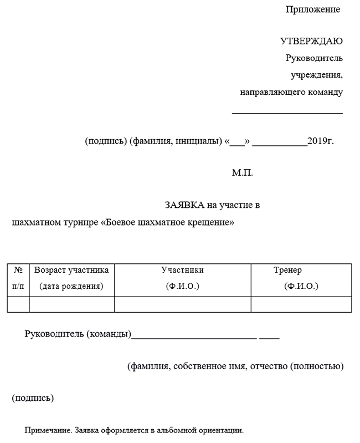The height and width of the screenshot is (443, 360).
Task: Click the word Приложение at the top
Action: [x=312, y=9]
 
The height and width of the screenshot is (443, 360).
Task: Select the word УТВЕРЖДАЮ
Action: [x=311, y=42]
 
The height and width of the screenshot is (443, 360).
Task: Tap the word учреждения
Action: [x=317, y=75]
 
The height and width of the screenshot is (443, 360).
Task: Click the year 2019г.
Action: [x=321, y=141]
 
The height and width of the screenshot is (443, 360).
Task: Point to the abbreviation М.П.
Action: [x=242, y=173]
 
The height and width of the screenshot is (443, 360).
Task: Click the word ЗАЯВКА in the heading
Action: [x=184, y=205]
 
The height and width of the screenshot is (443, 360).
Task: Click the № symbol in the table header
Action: [x=18, y=271]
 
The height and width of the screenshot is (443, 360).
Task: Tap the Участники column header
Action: [x=182, y=271]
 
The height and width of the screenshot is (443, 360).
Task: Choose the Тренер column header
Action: [x=287, y=271]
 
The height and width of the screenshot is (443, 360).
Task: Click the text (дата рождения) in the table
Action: [x=71, y=287]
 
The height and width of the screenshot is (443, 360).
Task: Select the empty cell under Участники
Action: [x=182, y=304]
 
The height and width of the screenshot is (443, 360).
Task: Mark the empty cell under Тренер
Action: [x=301, y=304]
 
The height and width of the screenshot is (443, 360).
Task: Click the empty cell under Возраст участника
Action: [x=71, y=304]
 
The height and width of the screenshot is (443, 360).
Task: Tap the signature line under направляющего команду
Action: [x=287, y=113]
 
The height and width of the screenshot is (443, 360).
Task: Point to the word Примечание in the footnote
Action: [x=48, y=430]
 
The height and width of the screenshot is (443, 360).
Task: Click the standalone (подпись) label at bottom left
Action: [x=33, y=398]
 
